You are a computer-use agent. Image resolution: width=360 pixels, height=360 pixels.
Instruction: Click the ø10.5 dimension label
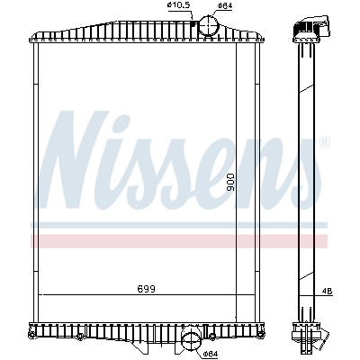pos(179,5)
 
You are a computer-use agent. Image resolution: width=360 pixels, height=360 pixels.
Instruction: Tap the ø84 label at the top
pos(225,5)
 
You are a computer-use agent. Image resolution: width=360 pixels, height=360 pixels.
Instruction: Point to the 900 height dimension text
pos(230,183)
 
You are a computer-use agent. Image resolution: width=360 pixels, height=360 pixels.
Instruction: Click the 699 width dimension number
pos(147,289)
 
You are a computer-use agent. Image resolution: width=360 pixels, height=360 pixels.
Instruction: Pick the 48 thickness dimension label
pos(328,292)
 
